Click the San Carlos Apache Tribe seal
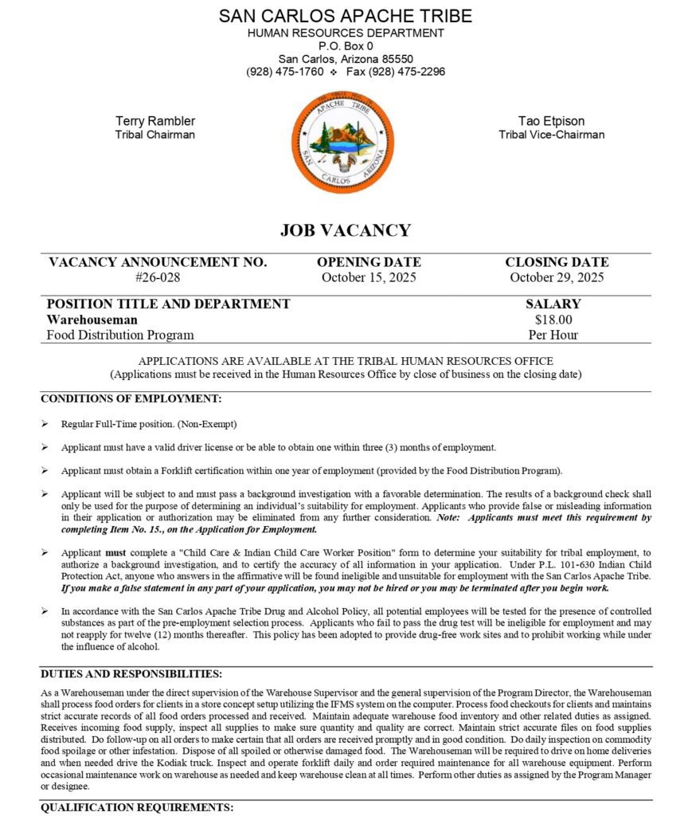pyautogui.click(x=342, y=141)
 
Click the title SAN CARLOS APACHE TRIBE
pyautogui.click(x=346, y=16)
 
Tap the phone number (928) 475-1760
pyautogui.click(x=284, y=72)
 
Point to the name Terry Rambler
pyautogui.click(x=155, y=121)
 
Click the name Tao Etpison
pyautogui.click(x=551, y=121)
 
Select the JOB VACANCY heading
pyautogui.click(x=346, y=230)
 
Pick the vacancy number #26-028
pyautogui.click(x=158, y=278)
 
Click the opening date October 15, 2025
pyautogui.click(x=369, y=278)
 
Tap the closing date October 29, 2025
pyautogui.click(x=557, y=278)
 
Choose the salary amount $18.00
pyautogui.click(x=553, y=320)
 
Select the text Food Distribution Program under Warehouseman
pyautogui.click(x=120, y=335)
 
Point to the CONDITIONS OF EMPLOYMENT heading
pyautogui.click(x=131, y=398)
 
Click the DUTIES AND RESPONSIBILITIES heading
pyautogui.click(x=131, y=674)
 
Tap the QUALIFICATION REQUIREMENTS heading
pyautogui.click(x=137, y=807)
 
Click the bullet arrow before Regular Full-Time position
pyautogui.click(x=45, y=424)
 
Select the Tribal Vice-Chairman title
pyautogui.click(x=551, y=135)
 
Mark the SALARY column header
pyautogui.click(x=553, y=304)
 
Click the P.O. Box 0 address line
pyautogui.click(x=346, y=46)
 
